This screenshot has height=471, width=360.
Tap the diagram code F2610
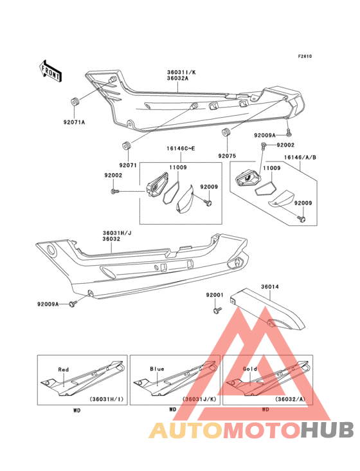(304, 56)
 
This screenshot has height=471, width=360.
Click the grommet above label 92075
(226, 134)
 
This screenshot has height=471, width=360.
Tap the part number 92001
(214, 295)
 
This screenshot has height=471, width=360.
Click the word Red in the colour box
(63, 369)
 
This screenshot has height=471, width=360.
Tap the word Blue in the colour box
(157, 369)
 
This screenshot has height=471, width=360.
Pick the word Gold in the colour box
(250, 369)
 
